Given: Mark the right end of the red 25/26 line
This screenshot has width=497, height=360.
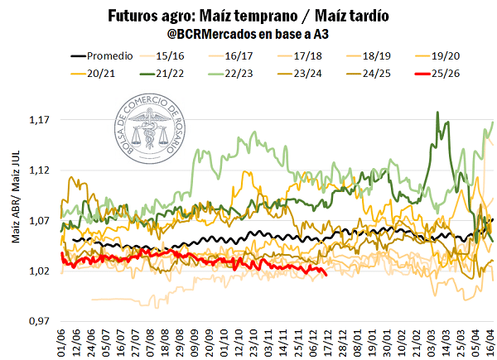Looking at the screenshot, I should (326, 275).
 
